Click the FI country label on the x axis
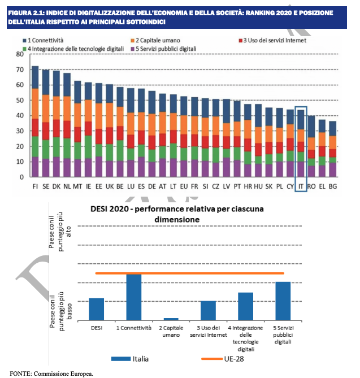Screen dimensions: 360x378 35,186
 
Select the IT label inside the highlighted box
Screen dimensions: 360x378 301,186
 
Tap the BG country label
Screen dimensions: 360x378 333,186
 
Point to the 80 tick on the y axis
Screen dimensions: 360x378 20,54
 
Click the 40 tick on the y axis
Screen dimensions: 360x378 20,115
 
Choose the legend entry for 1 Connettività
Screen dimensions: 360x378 43,40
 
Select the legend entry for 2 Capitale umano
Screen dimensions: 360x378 155,40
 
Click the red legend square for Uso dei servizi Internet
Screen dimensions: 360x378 240,41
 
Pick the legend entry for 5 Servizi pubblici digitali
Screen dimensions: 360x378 163,49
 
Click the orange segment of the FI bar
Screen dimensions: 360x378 35,103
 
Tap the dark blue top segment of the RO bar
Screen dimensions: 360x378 311,127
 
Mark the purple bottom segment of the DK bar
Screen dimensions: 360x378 57,167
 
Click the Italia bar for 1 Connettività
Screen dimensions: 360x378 134,297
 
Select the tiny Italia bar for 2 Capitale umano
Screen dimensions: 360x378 171,319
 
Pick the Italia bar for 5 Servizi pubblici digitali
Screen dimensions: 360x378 283,301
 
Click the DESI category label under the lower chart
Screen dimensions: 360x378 97,328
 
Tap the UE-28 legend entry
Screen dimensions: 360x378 223,359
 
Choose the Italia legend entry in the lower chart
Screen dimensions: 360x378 130,359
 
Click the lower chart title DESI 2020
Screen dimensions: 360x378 110,208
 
